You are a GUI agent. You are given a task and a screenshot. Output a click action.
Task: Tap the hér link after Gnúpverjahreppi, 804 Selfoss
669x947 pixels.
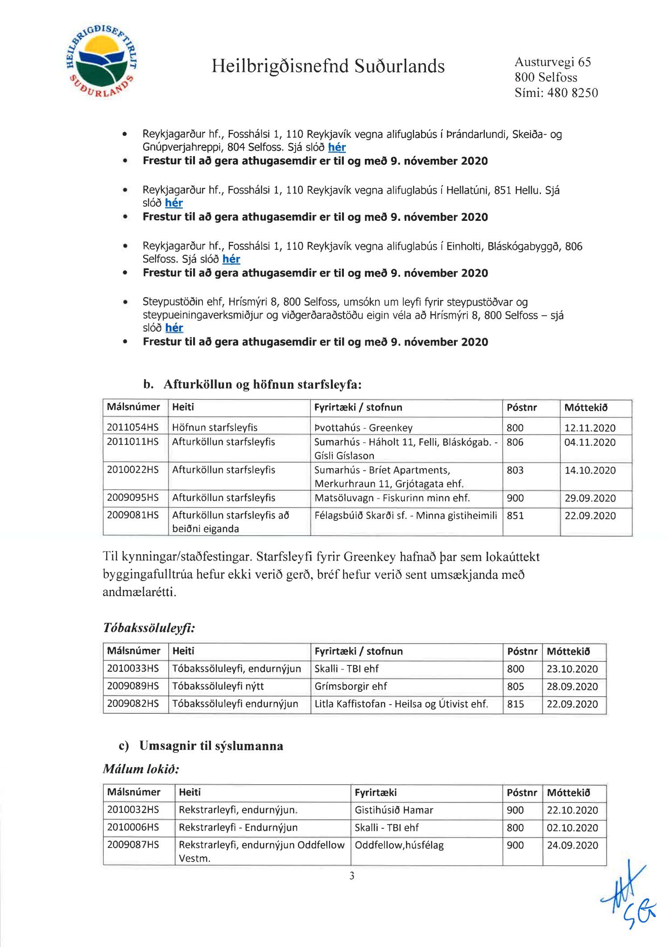pos(337,147)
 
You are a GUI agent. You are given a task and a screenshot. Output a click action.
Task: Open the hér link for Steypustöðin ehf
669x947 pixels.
pos(174,328)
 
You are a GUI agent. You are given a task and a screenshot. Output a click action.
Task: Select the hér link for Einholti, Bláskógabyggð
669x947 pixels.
pos(231,259)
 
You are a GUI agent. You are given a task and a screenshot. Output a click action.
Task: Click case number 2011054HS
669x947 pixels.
pos(133,427)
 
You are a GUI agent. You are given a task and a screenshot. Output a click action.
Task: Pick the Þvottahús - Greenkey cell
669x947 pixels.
pos(363,428)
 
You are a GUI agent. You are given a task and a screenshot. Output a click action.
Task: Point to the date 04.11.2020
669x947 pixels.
pos(590,442)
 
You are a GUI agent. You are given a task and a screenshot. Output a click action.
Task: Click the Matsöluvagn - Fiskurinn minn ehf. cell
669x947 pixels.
pos(392,498)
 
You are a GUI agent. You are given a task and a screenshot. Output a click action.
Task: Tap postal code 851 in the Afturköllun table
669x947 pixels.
pos(515,515)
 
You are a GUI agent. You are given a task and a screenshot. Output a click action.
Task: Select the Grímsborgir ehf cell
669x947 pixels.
pos(351,686)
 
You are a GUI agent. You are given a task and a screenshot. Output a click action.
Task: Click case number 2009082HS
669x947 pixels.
pos(133,704)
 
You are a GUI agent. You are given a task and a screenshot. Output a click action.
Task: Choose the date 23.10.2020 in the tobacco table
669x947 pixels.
pos(572,669)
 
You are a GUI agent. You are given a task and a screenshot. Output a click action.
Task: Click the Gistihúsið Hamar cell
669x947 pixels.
pos(394,810)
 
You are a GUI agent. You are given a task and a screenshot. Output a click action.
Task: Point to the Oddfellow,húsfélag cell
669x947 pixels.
pos(399,845)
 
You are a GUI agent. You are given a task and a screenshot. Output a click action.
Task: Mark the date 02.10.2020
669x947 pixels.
pos(572,828)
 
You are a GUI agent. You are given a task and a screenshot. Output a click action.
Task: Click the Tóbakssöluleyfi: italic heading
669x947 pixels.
pos(149,628)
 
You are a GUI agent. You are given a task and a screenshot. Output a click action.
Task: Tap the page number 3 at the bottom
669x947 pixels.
pos(352,876)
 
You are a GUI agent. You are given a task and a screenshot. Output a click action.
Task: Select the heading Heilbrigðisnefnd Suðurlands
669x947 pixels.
pos(328,66)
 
